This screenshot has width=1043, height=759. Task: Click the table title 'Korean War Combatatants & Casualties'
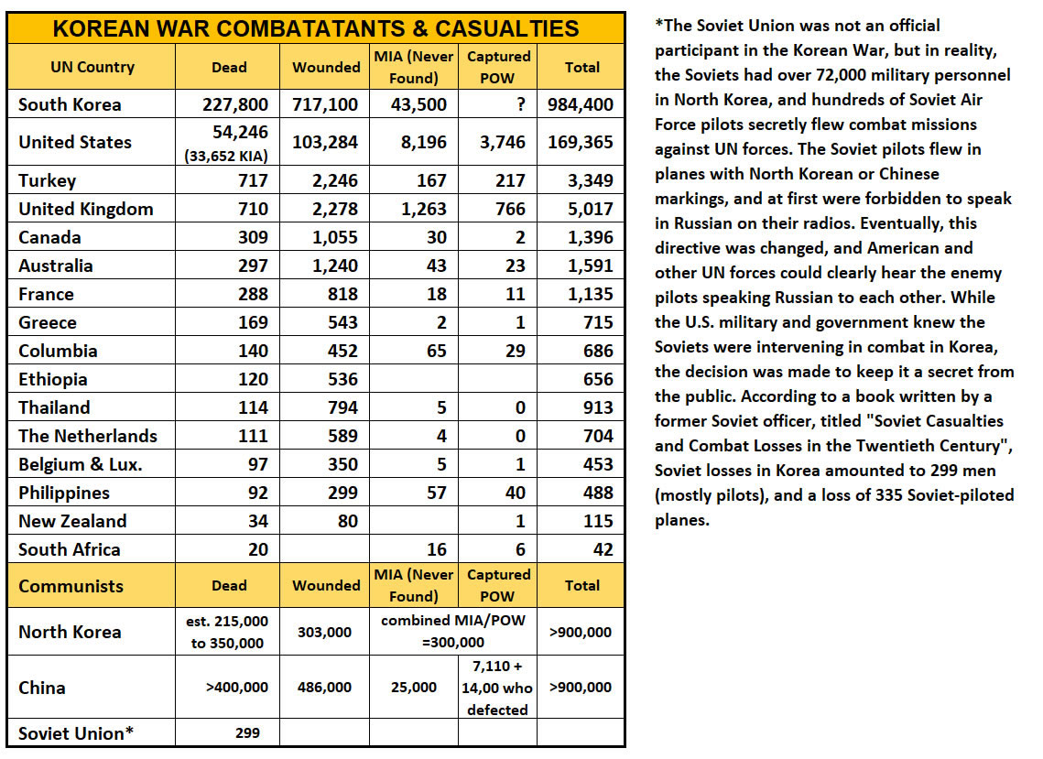coord(315,28)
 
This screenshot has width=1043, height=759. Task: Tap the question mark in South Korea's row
coord(520,104)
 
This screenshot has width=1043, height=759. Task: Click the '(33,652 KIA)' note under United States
coord(226,156)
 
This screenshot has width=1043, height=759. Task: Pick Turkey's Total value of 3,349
coord(590,180)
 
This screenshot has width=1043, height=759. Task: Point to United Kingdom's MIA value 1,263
coord(424,209)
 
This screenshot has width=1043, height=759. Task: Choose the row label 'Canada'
coord(49,237)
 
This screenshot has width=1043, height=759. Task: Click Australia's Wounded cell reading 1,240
coord(334,266)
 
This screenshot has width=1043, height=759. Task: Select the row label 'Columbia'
coord(58,351)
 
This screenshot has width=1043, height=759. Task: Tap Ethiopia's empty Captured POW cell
coord(497,379)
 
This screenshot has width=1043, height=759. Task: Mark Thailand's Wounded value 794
coord(342,407)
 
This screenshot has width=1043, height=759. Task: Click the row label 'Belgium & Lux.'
coord(81,464)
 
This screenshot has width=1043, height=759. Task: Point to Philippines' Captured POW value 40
coord(515,493)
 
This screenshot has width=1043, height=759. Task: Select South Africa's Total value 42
coord(603,549)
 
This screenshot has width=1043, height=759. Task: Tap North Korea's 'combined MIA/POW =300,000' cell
coord(453,632)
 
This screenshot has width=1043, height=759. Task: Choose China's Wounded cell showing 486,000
coord(324,688)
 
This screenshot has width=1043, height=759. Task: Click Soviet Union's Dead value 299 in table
coord(247,733)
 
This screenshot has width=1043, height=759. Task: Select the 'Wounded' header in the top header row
coord(326,67)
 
